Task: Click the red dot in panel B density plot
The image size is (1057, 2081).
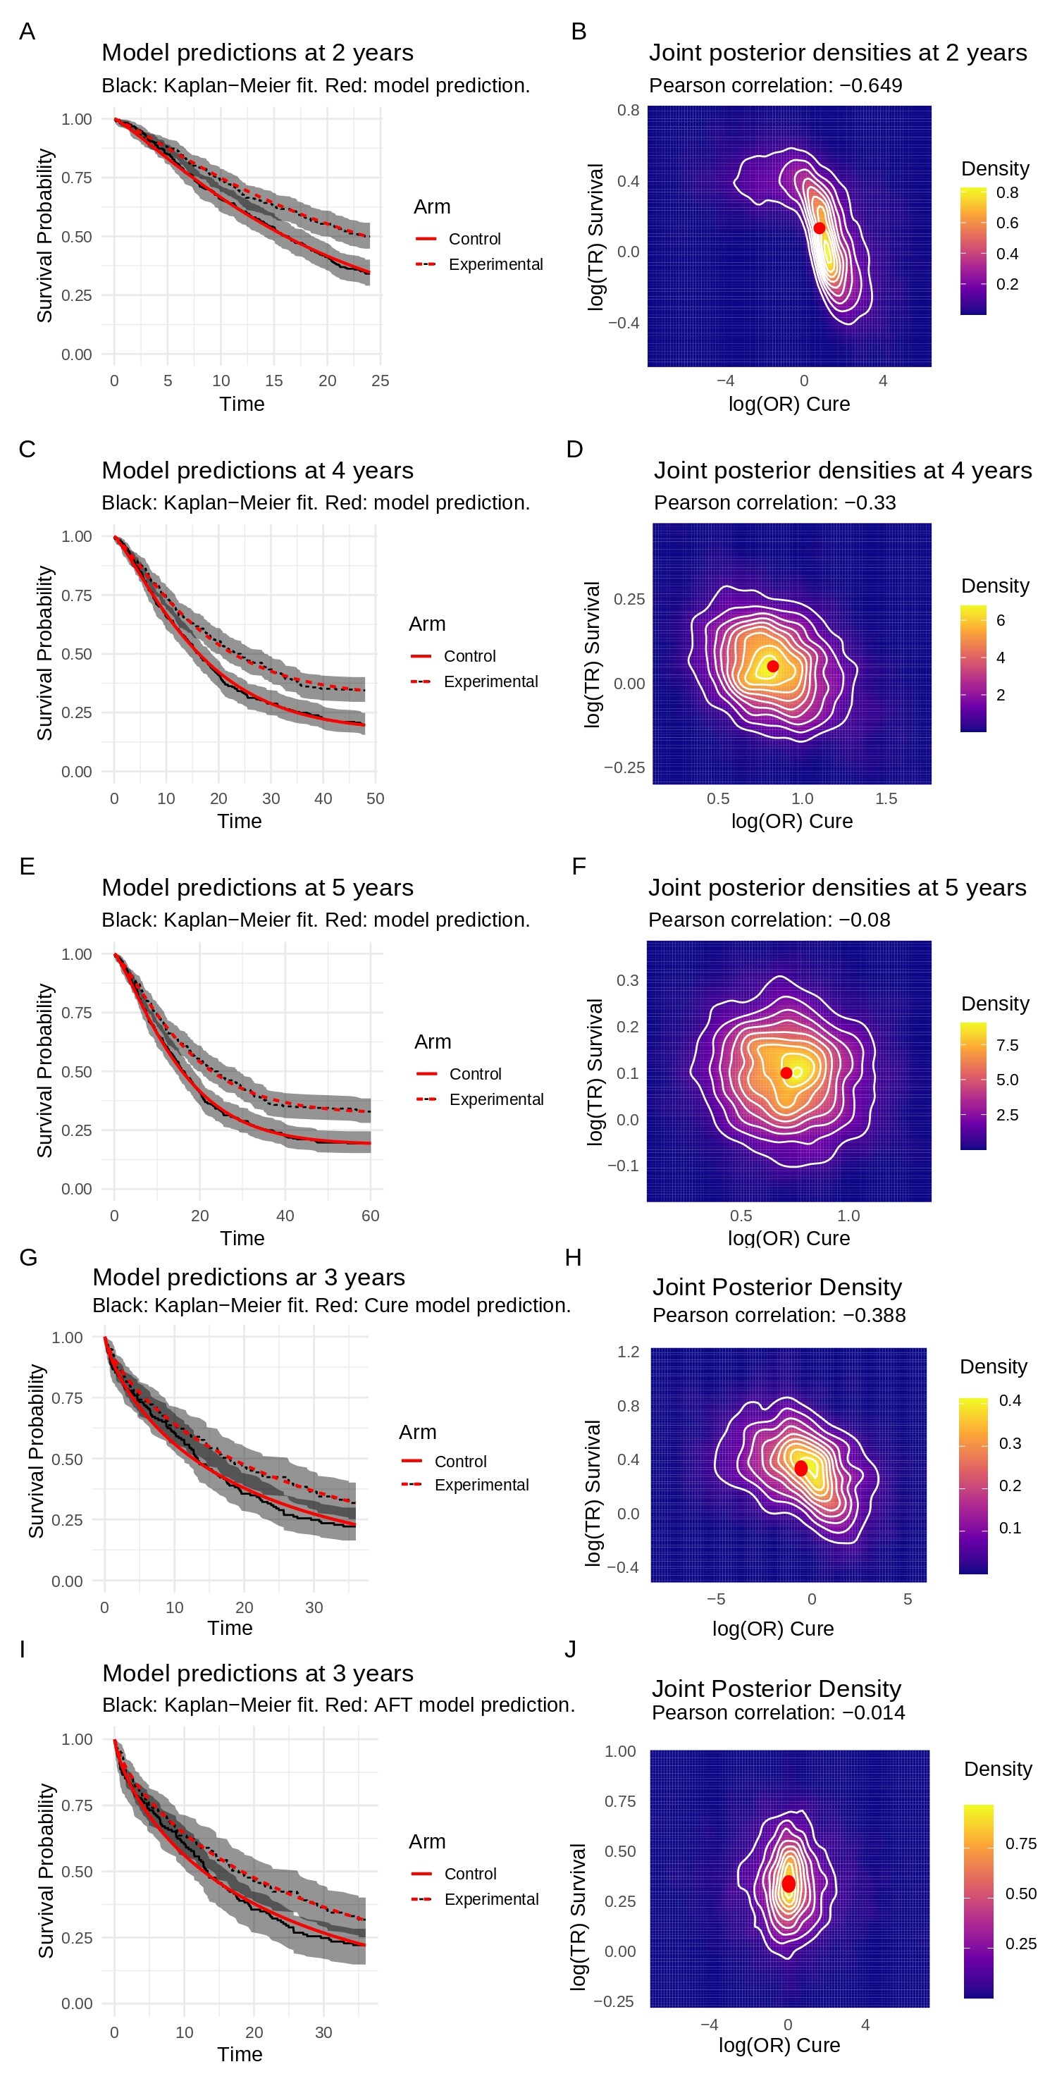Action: (819, 228)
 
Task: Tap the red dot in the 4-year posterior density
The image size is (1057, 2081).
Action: (772, 667)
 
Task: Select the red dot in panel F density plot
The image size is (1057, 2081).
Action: (786, 1073)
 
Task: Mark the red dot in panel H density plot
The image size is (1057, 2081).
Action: (800, 1468)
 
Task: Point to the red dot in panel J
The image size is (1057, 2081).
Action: (788, 1884)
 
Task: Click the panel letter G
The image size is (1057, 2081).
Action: (28, 1258)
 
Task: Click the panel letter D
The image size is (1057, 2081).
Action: (574, 449)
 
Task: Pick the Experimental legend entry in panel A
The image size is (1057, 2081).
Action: (495, 264)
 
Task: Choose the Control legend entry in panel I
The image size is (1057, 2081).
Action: (469, 1873)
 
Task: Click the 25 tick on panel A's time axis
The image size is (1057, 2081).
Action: (380, 381)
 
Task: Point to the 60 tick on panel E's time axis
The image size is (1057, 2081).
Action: (370, 1216)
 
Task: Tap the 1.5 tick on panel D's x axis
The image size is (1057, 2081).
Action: (886, 798)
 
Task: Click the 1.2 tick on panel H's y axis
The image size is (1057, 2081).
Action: (628, 1352)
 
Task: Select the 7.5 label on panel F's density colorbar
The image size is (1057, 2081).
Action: (1007, 1045)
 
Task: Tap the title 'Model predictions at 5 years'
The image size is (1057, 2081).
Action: (257, 888)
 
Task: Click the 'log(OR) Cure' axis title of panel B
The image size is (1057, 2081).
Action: (789, 404)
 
